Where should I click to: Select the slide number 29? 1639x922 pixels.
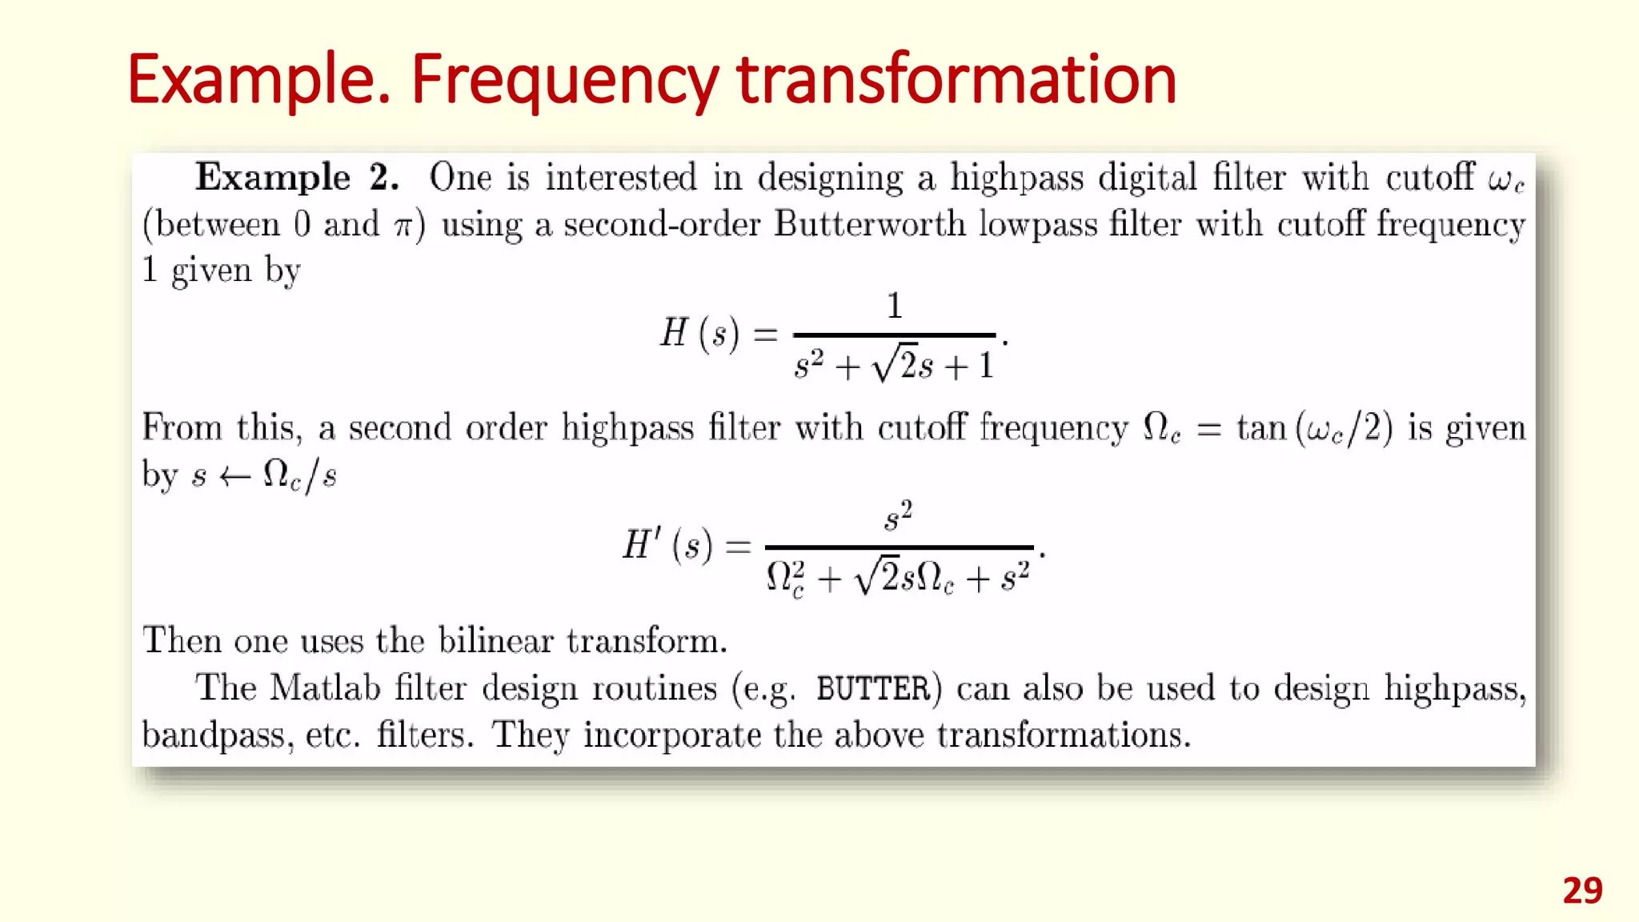pos(1582,891)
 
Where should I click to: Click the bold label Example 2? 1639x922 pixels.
pos(296,177)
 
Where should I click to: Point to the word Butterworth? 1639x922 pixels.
pos(870,224)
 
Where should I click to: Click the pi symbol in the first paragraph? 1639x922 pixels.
pos(403,226)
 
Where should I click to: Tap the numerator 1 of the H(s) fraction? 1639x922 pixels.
pos(894,306)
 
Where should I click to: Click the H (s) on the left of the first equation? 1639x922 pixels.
pos(699,333)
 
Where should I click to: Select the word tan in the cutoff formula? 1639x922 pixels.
pos(1260,428)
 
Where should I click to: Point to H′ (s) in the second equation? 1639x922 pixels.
pos(667,546)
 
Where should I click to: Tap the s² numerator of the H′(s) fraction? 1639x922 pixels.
pos(898,516)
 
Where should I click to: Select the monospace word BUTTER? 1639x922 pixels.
pos(873,688)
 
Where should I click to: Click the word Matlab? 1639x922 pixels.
pos(324,688)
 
